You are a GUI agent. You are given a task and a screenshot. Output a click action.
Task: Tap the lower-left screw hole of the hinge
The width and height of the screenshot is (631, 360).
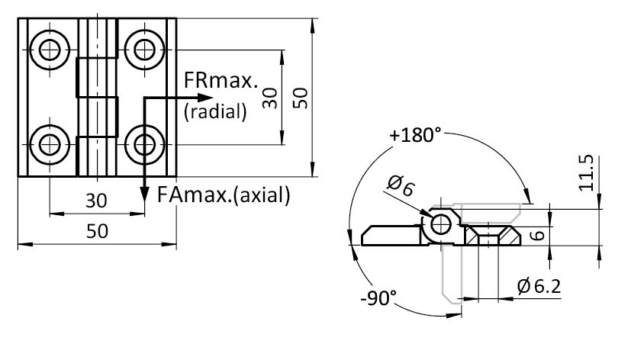point(50,142)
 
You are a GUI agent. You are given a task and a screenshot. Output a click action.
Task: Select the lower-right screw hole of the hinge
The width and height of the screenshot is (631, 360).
point(142,142)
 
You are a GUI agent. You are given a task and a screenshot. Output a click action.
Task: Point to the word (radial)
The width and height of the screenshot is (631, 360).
point(216,111)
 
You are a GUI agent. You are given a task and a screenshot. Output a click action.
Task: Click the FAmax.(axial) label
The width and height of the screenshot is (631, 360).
point(224,194)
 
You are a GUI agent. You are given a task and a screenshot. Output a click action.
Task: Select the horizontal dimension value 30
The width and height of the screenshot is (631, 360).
point(95,201)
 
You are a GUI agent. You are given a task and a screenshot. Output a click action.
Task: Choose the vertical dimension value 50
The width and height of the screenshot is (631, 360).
point(300,97)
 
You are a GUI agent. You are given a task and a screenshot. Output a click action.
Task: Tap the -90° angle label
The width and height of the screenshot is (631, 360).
point(378,297)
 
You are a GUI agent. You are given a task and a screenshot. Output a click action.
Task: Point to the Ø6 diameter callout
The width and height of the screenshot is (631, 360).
point(401,185)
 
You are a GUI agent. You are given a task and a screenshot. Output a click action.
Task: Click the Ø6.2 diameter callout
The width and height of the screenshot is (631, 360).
point(539,287)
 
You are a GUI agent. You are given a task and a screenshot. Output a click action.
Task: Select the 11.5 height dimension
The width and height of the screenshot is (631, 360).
point(585,174)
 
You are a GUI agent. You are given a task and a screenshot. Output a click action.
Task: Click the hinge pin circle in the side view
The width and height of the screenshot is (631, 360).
point(442,223)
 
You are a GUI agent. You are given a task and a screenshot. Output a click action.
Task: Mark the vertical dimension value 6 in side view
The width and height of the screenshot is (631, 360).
point(536,236)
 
